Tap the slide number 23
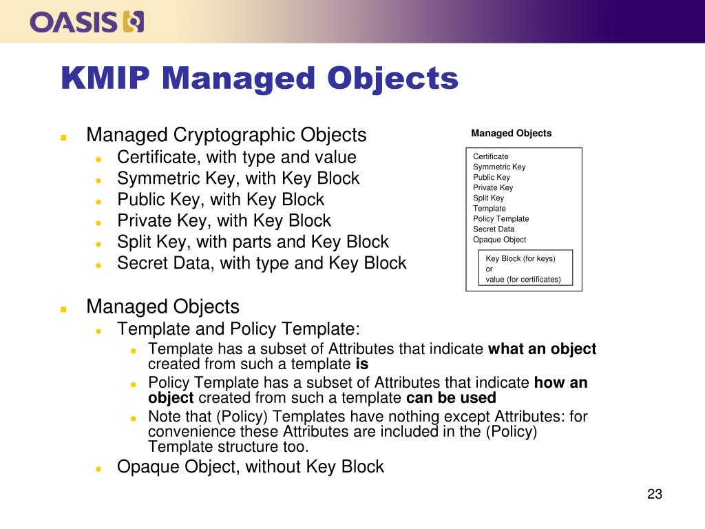pyautogui.click(x=654, y=494)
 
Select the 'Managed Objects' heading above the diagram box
pyautogui.click(x=511, y=134)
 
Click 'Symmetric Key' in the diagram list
pyautogui.click(x=499, y=167)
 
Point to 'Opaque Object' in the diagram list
pyautogui.click(x=499, y=240)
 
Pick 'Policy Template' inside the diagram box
pyautogui.click(x=501, y=219)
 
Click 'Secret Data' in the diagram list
pyautogui.click(x=494, y=229)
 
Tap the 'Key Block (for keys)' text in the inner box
pyautogui.click(x=520, y=259)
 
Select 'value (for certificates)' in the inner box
pyautogui.click(x=523, y=280)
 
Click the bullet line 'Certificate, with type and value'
pyautogui.click(x=236, y=157)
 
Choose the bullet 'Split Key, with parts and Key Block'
pyautogui.click(x=253, y=242)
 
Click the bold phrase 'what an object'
pyautogui.click(x=542, y=349)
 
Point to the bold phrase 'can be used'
pyautogui.click(x=451, y=398)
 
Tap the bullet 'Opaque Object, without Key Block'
pyautogui.click(x=250, y=467)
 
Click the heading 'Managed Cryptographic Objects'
pyautogui.click(x=226, y=134)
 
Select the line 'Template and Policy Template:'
pyautogui.click(x=238, y=329)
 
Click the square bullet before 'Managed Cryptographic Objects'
pyautogui.click(x=63, y=137)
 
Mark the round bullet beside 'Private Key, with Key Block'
pyautogui.click(x=98, y=222)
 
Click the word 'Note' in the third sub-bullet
pyautogui.click(x=164, y=417)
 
